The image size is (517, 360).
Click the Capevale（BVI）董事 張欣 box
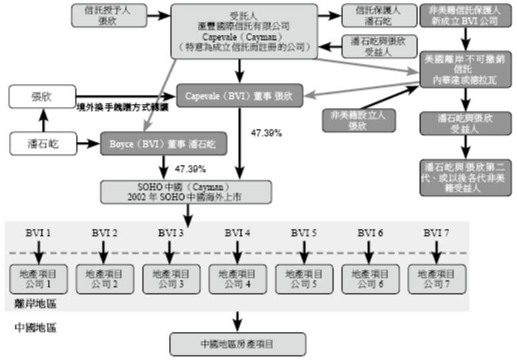[239, 95]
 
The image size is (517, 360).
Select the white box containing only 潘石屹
[42, 142]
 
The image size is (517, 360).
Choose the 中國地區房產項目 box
[238, 344]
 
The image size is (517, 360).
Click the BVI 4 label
[238, 233]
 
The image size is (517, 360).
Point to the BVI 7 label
[437, 233]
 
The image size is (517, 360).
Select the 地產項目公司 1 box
[38, 278]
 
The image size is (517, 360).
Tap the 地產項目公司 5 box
[304, 278]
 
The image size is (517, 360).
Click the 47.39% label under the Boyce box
[189, 168]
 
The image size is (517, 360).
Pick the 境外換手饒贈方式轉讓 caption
[121, 107]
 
